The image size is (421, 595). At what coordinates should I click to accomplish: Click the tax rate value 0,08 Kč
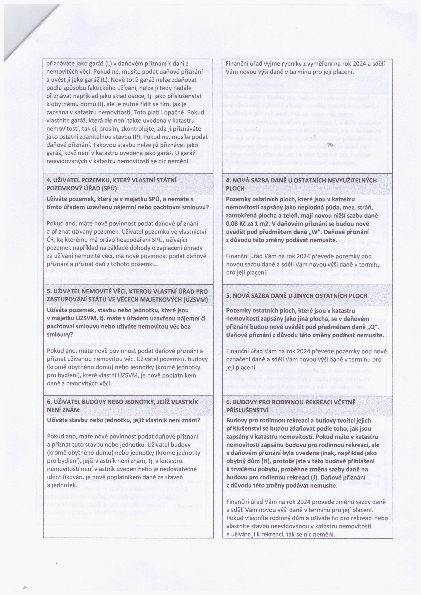coord(236,224)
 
